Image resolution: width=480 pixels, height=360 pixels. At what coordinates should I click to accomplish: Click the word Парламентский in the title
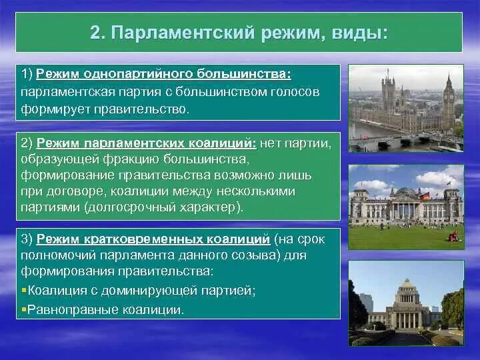(183, 33)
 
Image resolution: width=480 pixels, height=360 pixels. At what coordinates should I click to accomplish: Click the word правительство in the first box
(141, 109)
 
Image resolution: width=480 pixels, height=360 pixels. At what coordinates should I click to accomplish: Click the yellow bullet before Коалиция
(24, 290)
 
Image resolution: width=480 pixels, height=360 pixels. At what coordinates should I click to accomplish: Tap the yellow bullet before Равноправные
(24, 309)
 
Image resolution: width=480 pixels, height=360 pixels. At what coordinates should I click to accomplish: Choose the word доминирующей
(149, 291)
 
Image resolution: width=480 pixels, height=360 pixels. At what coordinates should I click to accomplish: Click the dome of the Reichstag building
(405, 191)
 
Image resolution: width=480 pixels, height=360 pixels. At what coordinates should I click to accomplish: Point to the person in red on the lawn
(453, 236)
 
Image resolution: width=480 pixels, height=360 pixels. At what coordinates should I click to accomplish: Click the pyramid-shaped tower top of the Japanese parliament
(407, 283)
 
